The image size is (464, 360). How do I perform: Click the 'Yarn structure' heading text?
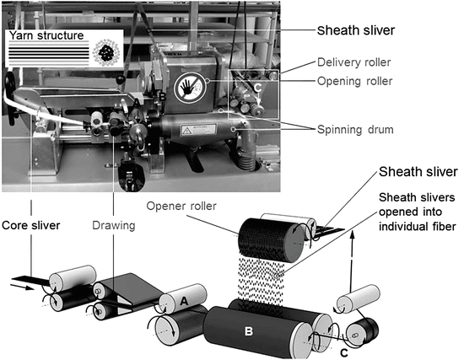46,35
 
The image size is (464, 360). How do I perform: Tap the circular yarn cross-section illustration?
106,52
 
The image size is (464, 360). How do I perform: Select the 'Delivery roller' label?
354,62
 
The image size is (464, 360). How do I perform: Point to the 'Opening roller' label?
355,81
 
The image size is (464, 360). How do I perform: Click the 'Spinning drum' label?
355,130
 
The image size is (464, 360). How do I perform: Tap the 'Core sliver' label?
30,225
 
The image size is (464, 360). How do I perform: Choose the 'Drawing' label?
114,225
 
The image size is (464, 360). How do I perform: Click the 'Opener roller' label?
181,207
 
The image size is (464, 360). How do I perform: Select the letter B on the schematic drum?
249,331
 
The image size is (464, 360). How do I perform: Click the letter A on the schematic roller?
184,301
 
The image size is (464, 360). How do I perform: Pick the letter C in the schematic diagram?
344,353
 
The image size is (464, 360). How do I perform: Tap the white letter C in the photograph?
258,88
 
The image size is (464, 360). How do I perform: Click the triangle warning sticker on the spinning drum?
187,131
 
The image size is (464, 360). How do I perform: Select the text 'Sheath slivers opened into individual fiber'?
417,212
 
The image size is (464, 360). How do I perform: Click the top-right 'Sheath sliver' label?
356,30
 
